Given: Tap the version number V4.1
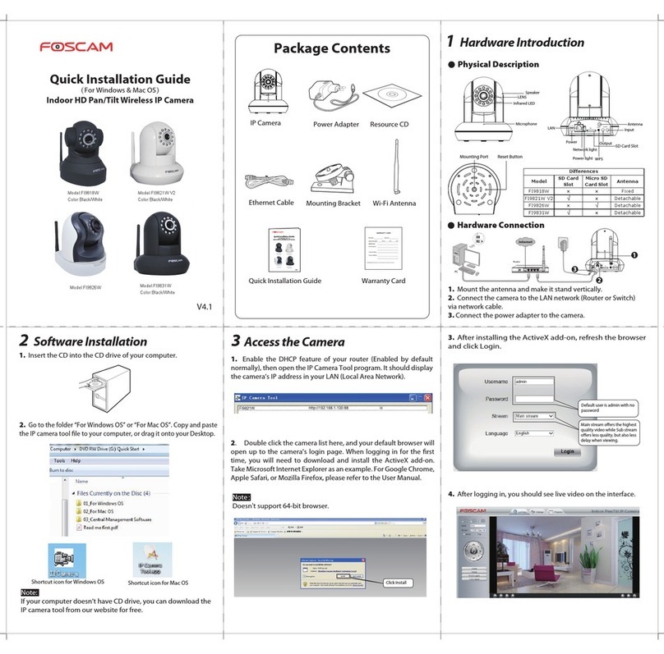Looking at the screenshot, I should point(205,308).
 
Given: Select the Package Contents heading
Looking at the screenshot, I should point(332,48).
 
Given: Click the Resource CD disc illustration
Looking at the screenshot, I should point(390,98).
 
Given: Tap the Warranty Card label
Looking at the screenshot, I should point(383,281).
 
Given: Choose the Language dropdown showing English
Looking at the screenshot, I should point(533,432).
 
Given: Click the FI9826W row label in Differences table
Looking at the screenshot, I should point(540,205).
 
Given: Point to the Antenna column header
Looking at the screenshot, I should point(628,181).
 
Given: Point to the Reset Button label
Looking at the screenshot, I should point(510,156).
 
